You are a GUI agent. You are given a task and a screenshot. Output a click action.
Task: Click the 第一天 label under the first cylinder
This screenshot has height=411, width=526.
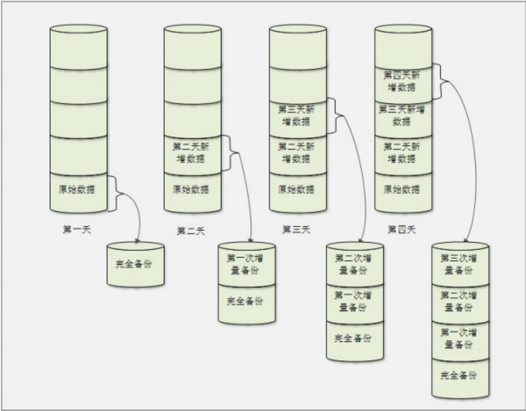76,229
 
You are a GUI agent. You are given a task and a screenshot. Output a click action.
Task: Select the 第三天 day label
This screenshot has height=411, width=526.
295,229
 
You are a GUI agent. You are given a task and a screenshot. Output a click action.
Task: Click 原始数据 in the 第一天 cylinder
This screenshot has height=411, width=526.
76,189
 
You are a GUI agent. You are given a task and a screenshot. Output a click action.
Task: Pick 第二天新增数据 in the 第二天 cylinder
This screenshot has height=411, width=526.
191,153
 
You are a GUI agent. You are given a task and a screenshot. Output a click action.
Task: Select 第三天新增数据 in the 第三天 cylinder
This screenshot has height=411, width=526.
296,115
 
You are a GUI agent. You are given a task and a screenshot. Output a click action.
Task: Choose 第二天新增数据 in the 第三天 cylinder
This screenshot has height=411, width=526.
296,153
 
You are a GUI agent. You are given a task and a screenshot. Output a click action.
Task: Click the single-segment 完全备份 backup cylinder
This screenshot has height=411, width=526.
135,265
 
